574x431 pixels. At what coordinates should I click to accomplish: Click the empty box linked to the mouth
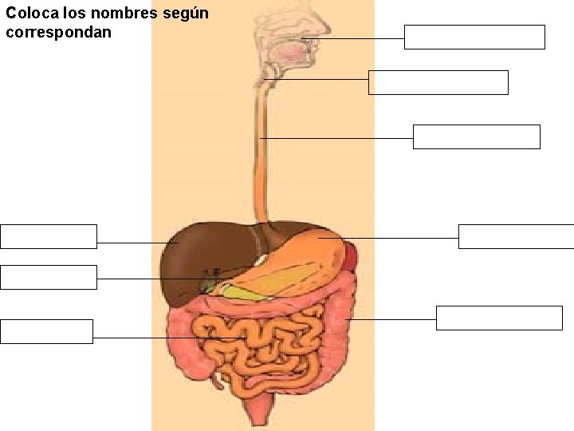click(x=474, y=38)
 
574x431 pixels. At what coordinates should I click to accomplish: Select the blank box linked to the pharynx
click(x=438, y=82)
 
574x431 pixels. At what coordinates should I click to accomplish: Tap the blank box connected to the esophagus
click(x=476, y=136)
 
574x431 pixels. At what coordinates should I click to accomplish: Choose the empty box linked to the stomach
click(x=516, y=236)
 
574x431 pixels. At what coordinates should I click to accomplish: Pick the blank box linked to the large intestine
click(x=499, y=318)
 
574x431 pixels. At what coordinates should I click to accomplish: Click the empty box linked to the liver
click(x=49, y=236)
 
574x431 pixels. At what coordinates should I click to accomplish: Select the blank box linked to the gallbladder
click(x=49, y=277)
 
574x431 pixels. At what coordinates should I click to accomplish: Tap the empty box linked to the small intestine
click(x=46, y=331)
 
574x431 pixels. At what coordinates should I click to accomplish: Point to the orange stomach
click(x=311, y=247)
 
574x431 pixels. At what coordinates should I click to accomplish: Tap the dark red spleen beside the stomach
click(x=352, y=256)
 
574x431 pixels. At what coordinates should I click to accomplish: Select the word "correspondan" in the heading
click(x=58, y=33)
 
